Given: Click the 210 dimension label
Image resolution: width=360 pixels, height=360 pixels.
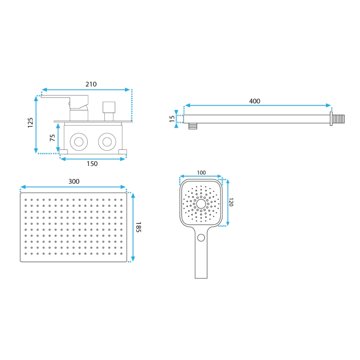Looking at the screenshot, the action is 91,84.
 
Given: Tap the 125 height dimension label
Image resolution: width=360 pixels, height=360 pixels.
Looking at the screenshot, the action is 30,122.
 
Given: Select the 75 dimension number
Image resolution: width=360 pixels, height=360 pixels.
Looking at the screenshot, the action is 52,138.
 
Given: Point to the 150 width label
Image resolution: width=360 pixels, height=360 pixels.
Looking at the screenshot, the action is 92,164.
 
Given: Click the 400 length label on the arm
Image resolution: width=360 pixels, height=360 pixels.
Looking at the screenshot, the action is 255,101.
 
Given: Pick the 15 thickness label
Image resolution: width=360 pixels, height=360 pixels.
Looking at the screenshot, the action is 172,119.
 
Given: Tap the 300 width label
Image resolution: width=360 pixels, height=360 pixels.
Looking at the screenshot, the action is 74,181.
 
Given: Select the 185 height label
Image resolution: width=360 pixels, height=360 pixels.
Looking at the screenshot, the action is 139,227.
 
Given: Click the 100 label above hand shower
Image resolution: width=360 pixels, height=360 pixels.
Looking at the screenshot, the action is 201,173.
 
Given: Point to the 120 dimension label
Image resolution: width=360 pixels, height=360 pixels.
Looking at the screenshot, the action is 231,202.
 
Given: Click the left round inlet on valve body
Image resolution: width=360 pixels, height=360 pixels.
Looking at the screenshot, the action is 79,142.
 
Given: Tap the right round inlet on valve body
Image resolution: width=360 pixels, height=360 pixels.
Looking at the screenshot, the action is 107,142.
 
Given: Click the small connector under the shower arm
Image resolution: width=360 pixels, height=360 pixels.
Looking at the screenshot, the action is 193,126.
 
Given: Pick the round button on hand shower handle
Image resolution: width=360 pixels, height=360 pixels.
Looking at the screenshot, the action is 201,238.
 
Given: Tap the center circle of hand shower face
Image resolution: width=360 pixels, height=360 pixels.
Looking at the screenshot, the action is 201,204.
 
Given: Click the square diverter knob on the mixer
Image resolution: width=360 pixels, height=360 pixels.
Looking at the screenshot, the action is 109,108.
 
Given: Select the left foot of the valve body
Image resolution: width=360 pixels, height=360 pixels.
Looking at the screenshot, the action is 63,152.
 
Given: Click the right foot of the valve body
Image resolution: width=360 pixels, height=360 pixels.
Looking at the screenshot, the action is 122,152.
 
